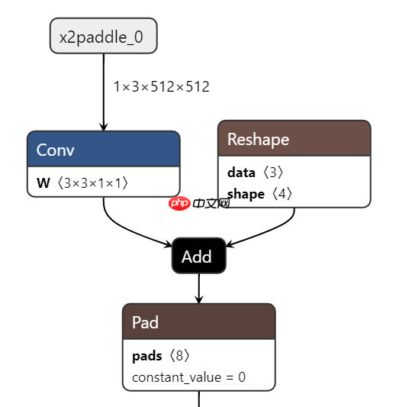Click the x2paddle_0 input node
click(x=103, y=36)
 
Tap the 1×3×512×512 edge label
click(x=161, y=86)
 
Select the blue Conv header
click(x=103, y=149)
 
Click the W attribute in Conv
click(x=43, y=183)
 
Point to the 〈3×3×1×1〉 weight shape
click(x=92, y=183)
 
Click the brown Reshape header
click(x=294, y=139)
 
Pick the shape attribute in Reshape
click(x=245, y=194)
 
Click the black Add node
click(x=198, y=257)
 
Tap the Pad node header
click(x=198, y=322)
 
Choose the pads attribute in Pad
click(x=146, y=356)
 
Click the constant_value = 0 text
click(x=188, y=377)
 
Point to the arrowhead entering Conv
click(x=103, y=126)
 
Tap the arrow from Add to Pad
click(x=199, y=288)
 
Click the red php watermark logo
click(x=179, y=203)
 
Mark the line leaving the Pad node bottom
click(x=199, y=399)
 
